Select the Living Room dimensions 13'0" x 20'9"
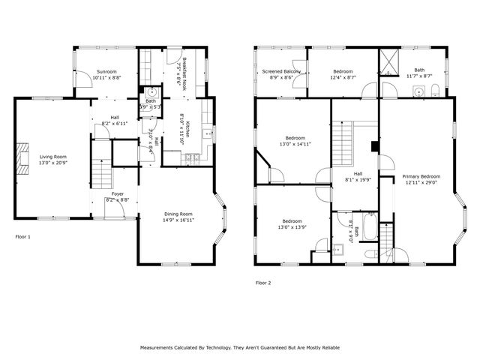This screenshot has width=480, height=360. click(53, 163)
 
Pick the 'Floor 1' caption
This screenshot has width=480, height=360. click(23, 236)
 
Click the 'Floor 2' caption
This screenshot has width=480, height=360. click(262, 283)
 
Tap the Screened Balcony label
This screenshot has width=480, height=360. click(281, 71)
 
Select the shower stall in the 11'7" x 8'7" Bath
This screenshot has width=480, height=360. click(390, 61)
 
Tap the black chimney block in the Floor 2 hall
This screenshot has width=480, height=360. click(373, 146)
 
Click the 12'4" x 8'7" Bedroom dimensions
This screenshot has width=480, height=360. click(342, 77)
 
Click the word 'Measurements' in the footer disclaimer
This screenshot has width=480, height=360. click(160, 348)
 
